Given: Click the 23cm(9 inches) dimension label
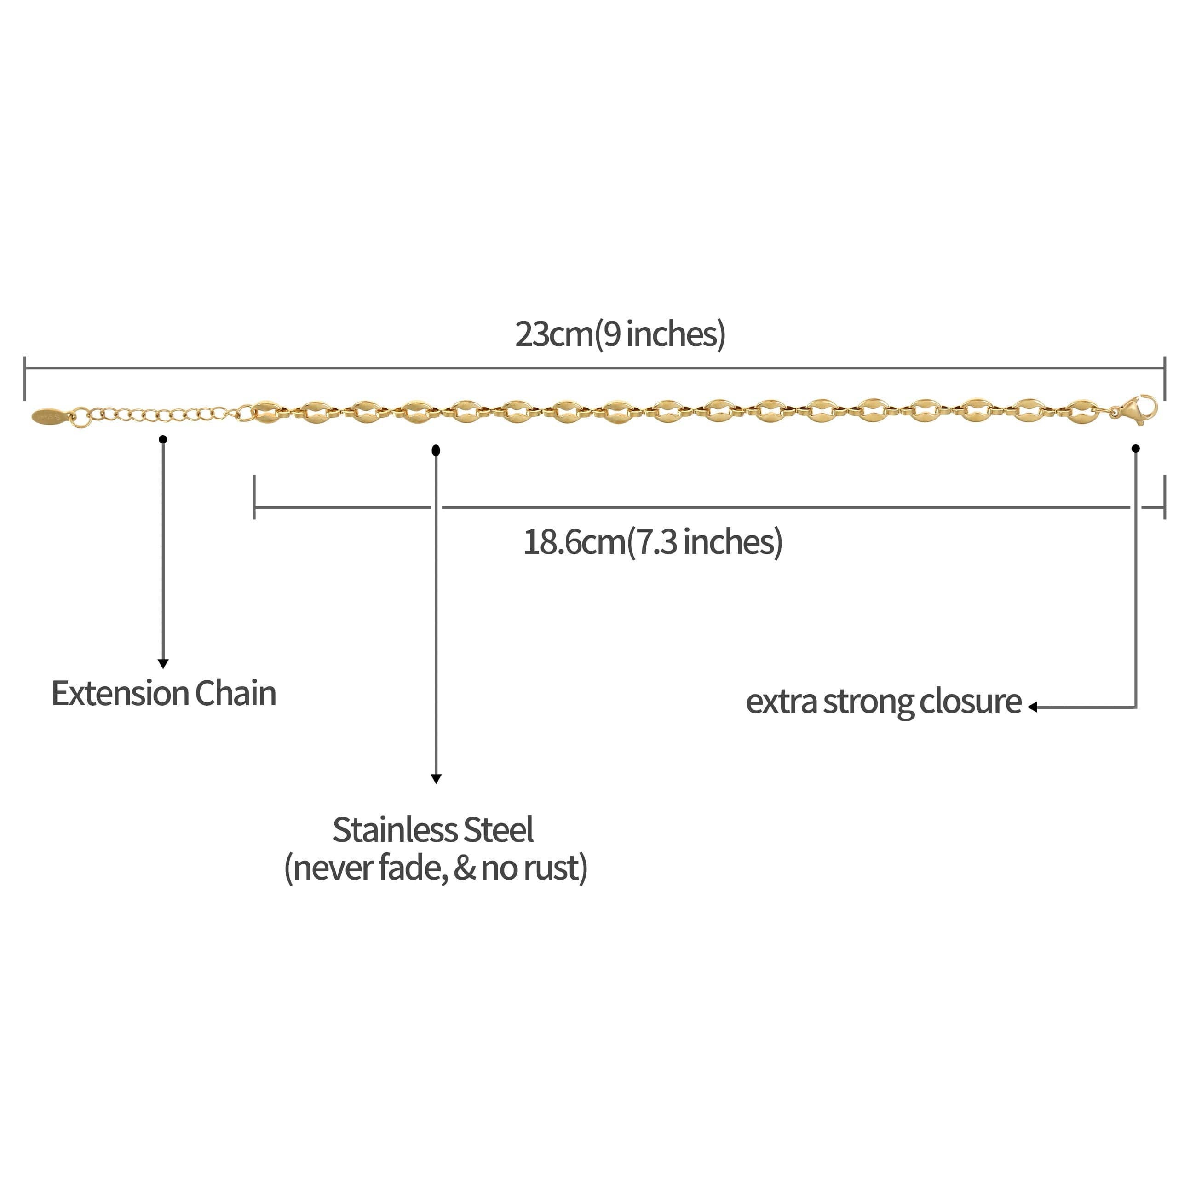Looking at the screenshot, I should [620, 334].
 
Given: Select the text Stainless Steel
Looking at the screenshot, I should [433, 830].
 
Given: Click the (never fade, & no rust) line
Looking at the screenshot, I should [435, 868].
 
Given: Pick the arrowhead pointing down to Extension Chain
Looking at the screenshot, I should [163, 664].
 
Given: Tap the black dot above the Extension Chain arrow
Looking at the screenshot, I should [163, 439].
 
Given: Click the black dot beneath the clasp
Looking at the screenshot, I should [1135, 448].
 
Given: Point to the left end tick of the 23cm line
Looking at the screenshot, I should [25, 378].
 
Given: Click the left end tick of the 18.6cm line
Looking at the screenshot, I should [254, 496].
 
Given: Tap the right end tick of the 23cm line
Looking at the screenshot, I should [1165, 378].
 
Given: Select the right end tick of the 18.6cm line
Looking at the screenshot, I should [1165, 496].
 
